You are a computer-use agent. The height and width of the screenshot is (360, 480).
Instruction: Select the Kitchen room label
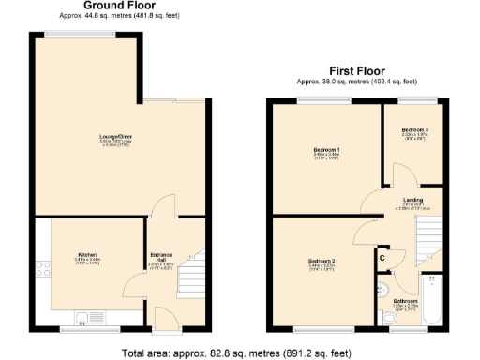88,254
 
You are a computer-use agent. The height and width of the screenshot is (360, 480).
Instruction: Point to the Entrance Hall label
161,256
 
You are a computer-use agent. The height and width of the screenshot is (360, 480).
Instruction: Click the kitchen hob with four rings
43,269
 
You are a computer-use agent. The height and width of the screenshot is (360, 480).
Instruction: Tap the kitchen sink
90,317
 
